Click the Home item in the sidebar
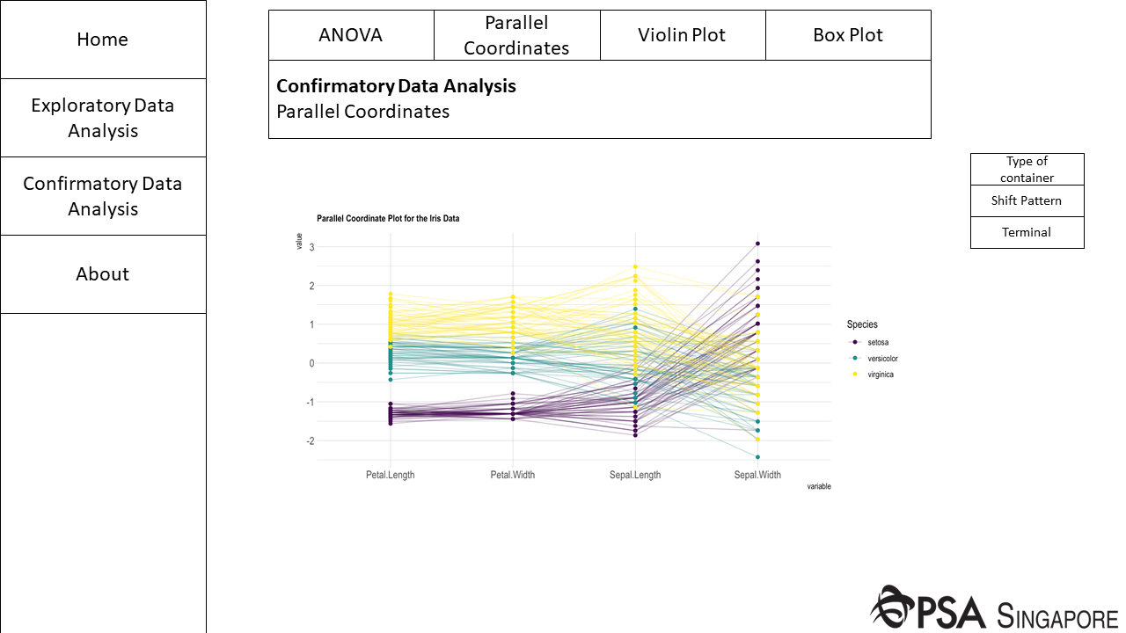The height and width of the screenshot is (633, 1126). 103,40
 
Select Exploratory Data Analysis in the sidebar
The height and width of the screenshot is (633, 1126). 103,118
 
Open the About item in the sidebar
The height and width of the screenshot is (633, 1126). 103,274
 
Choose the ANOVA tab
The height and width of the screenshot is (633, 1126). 351,35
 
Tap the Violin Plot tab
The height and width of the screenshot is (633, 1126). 683,35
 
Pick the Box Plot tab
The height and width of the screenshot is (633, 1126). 848,35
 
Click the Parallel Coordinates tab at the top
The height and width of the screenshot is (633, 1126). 516,35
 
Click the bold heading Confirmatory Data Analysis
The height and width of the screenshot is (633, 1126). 396,86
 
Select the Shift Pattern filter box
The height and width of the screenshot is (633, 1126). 1027,200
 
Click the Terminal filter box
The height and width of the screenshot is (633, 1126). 1027,232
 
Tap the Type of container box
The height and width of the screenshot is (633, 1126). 1027,169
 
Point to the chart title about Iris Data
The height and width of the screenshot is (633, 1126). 388,218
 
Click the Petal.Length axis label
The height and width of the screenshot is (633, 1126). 391,475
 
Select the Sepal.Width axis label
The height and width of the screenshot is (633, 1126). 757,475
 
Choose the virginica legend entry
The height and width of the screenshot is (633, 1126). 881,375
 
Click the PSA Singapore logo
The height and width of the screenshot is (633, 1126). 994,608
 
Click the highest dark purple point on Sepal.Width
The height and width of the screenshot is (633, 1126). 757,244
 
